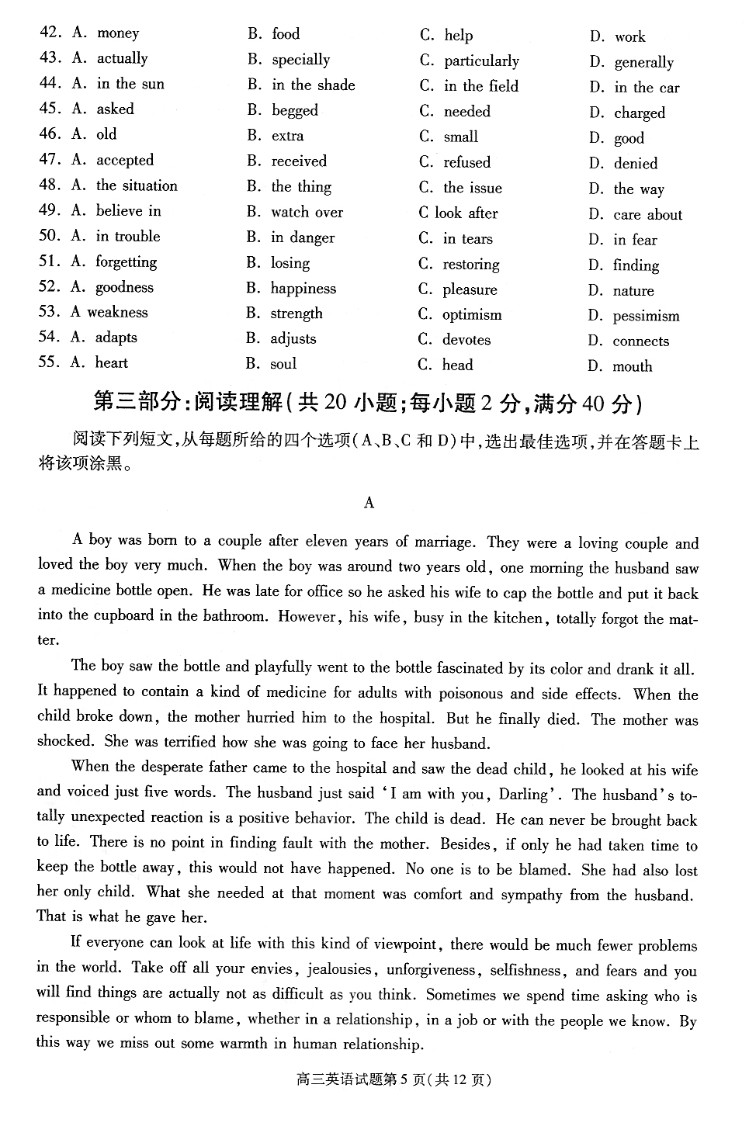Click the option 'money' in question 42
117,33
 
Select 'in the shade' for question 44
313,85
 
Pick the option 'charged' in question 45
639,113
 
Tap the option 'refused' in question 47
466,162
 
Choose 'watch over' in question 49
307,212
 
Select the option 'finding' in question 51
636,265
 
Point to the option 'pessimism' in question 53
646,316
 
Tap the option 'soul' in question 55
283,364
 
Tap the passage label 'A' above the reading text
369,503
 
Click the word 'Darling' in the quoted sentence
523,795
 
